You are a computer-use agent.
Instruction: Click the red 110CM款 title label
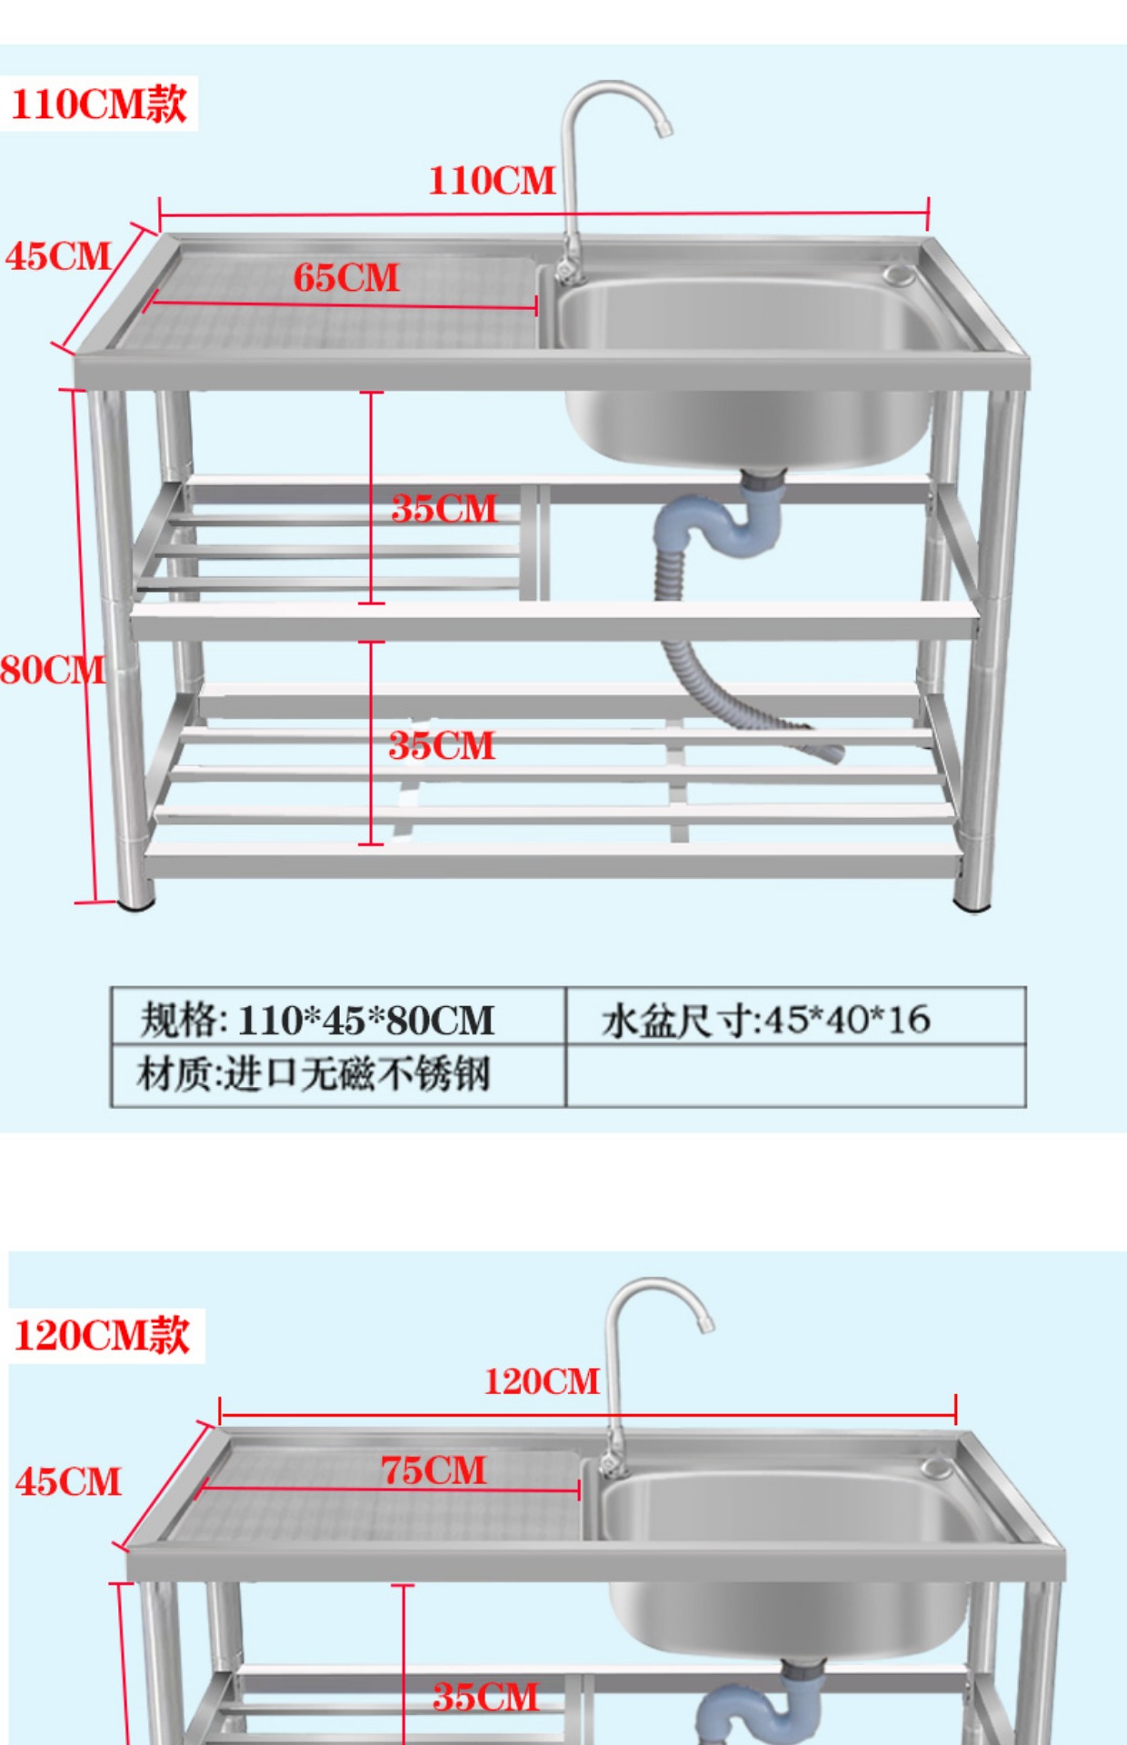(x=99, y=104)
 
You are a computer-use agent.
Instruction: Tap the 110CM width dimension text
(x=492, y=181)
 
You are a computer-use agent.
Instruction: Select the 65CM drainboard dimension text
(x=346, y=278)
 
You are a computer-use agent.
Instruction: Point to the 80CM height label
(x=52, y=671)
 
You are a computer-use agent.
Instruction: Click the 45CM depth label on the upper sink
(x=58, y=256)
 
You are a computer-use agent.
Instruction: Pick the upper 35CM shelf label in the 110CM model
(x=444, y=509)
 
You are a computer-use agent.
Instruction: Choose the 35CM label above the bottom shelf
(x=443, y=746)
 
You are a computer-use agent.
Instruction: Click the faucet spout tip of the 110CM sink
(x=664, y=129)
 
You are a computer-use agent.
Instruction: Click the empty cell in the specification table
(x=794, y=1076)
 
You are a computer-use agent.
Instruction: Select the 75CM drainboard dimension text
(x=434, y=1471)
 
